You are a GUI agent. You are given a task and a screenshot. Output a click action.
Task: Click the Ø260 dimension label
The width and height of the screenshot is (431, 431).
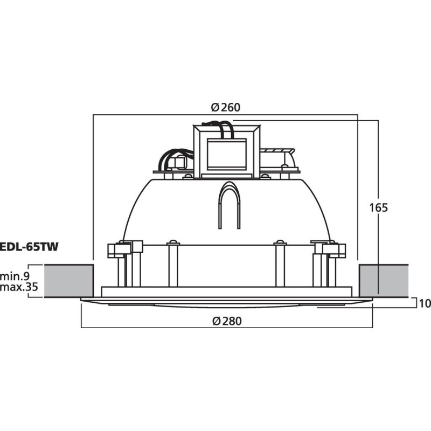click(x=226, y=107)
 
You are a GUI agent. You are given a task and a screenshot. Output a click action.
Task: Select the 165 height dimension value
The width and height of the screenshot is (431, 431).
click(x=379, y=207)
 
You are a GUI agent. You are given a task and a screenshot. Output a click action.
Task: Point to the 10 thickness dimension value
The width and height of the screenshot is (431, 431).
click(x=425, y=303)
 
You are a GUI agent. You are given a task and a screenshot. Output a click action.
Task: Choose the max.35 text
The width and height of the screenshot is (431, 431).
click(x=19, y=287)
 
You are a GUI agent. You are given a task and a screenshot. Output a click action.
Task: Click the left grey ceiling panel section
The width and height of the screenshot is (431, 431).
click(x=69, y=281)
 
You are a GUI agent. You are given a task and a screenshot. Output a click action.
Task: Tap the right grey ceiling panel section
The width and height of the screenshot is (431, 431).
click(x=383, y=281)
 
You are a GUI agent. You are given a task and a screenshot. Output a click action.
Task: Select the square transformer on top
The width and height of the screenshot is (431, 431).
click(x=227, y=151)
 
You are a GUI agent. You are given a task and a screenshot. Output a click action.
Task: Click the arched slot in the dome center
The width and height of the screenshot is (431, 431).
click(x=228, y=205)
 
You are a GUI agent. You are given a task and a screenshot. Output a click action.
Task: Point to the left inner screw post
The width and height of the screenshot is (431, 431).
click(x=173, y=264)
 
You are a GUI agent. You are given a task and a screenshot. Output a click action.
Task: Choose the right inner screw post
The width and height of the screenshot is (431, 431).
click(x=280, y=264)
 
